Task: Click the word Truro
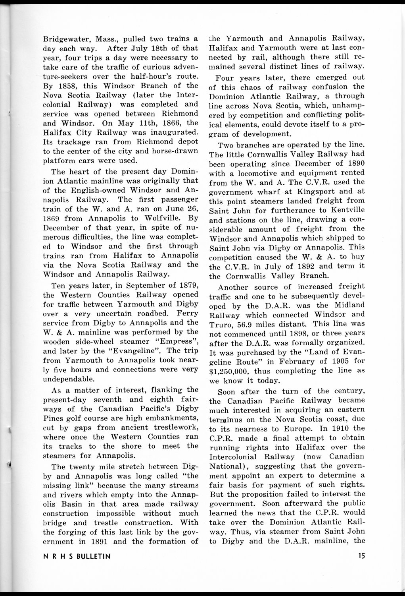219,324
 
